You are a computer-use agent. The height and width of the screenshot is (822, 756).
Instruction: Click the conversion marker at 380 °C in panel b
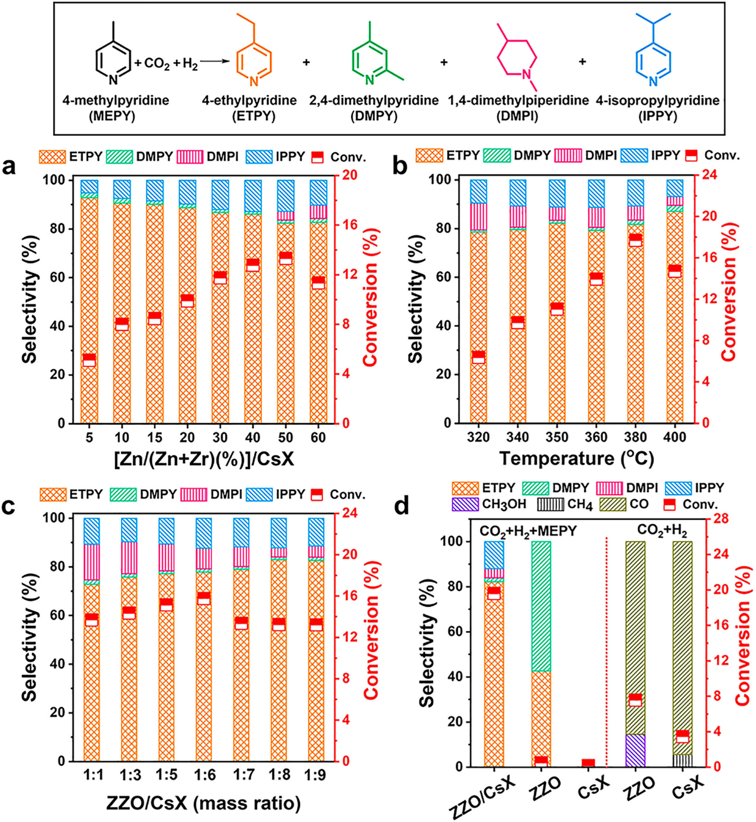pos(635,240)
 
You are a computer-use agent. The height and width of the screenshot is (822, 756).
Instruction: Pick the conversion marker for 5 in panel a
pos(89,360)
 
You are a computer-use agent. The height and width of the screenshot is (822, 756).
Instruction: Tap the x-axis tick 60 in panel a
pos(318,437)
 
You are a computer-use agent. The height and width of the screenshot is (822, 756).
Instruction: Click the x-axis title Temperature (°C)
pos(576,459)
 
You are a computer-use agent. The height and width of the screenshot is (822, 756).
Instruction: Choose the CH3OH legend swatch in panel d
pos(465,503)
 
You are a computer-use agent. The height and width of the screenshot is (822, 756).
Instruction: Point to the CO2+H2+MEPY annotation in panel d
pos(528,531)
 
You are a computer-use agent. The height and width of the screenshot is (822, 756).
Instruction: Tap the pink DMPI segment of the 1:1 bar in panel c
pos(92,562)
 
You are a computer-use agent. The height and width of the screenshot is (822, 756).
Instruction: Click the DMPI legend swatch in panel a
pos(190,157)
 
